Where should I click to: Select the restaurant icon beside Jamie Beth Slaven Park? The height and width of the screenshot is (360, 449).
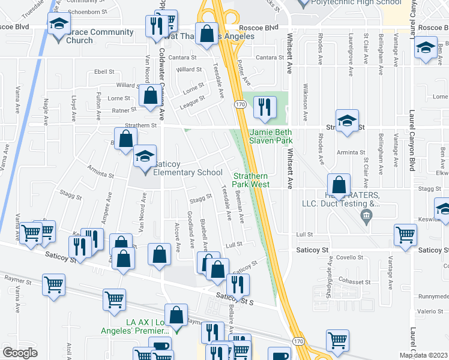coord(264,107)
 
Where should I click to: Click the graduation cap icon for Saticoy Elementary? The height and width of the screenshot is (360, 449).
coord(144,157)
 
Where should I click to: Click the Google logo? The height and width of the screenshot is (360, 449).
coord(20,353)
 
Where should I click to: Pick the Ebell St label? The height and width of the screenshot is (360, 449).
coord(96,71)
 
